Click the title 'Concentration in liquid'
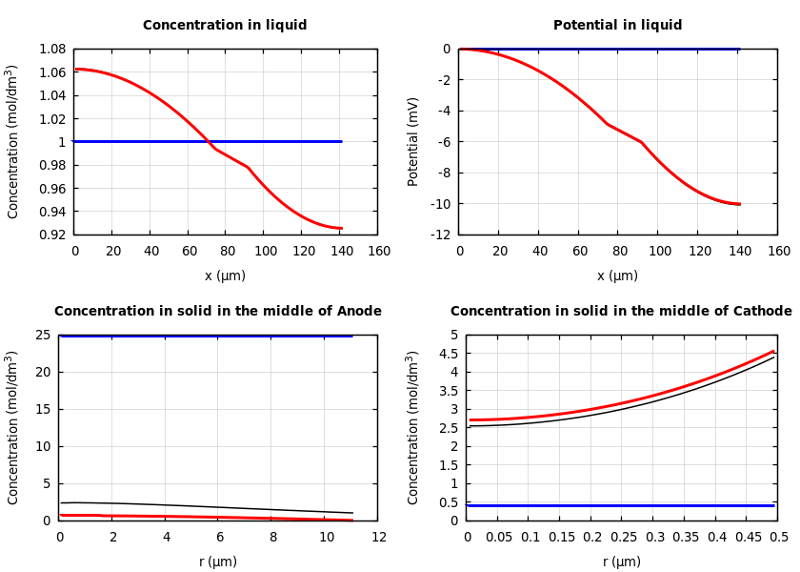[x=225, y=26]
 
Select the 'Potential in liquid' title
[x=617, y=26]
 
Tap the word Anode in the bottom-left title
[x=359, y=312]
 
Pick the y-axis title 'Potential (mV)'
[x=413, y=141]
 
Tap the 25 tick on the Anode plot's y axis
[x=42, y=335]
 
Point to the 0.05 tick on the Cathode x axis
[x=498, y=538]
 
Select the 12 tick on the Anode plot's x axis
[x=379, y=538]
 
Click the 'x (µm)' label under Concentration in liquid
[x=225, y=276]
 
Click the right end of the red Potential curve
[x=738, y=204]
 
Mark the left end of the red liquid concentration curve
[x=76, y=69]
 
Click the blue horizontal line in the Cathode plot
[x=619, y=505]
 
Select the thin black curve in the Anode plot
[x=190, y=505]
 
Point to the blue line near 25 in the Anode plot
[x=205, y=336]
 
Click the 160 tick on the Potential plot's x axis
[x=779, y=252]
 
